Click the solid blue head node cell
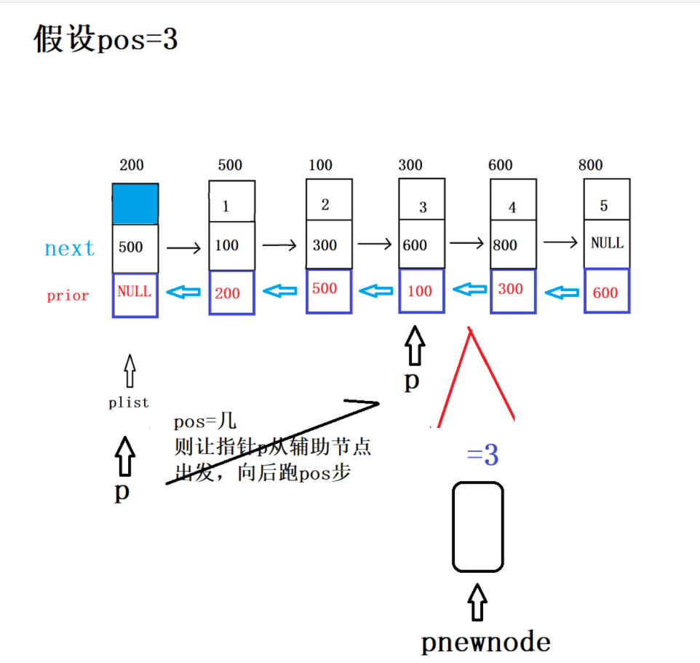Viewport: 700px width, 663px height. coord(135,204)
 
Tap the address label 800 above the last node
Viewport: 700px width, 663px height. coord(590,165)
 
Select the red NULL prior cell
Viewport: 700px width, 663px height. coord(135,293)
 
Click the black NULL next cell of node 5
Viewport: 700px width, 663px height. coord(607,243)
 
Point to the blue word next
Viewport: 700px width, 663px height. coord(70,249)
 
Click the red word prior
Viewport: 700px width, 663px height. coord(68,295)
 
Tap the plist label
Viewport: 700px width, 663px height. coord(129,402)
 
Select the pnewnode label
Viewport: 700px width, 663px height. coord(485,642)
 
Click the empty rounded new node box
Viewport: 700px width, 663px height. coord(477,527)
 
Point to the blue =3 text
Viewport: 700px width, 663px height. coord(483,456)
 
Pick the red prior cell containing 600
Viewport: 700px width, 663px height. coord(605,292)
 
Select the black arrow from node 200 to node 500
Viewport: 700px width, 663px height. coord(183,248)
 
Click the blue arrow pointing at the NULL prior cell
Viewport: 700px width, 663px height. coord(183,292)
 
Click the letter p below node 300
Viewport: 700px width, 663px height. coord(412,381)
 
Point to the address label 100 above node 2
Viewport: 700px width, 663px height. coord(320,165)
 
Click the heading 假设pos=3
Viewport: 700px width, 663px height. coord(106,40)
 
